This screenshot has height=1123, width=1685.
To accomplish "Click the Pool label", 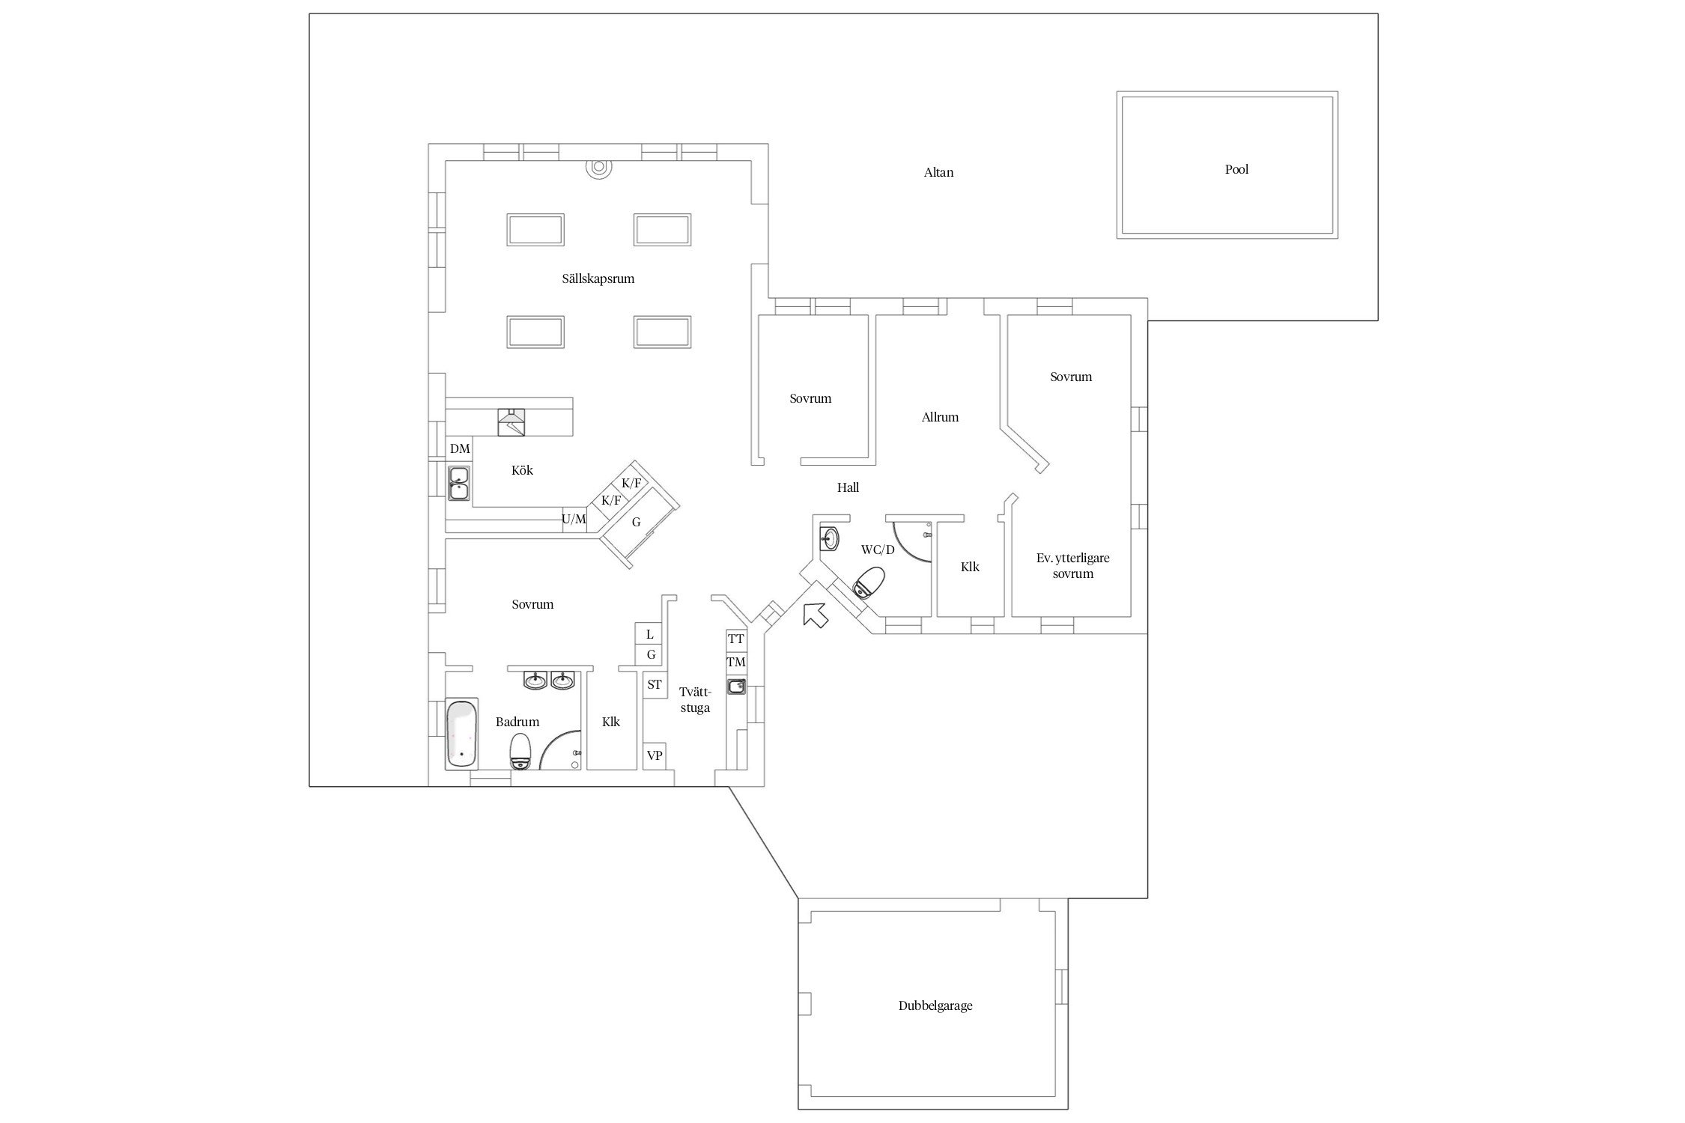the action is [x=1236, y=170].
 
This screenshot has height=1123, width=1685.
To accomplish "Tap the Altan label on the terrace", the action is [x=938, y=173].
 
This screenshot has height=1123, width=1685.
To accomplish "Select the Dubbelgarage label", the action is [x=935, y=1006].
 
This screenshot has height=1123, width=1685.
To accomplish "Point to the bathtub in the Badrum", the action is [x=461, y=734].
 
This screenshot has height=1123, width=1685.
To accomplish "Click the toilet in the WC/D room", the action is [x=869, y=582].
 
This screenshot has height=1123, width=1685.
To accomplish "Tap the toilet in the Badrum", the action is [x=520, y=751].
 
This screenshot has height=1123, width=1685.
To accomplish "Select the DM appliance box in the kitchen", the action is [x=460, y=449].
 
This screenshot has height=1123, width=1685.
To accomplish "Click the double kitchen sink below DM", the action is [x=458, y=483].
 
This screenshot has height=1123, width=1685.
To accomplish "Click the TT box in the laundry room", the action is [x=736, y=639].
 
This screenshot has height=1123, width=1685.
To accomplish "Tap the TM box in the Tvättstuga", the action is [x=736, y=663].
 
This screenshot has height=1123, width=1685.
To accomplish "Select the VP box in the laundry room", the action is [x=655, y=756].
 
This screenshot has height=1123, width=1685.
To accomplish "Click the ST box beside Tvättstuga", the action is [x=655, y=685].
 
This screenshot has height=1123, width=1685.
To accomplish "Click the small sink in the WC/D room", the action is [x=829, y=537].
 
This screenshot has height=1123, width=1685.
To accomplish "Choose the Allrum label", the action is [x=940, y=418].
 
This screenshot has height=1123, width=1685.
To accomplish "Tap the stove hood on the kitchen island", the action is [x=511, y=422].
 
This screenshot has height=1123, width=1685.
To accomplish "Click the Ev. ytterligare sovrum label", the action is [x=1072, y=566].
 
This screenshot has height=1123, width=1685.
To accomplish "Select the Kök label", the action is [x=522, y=471].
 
